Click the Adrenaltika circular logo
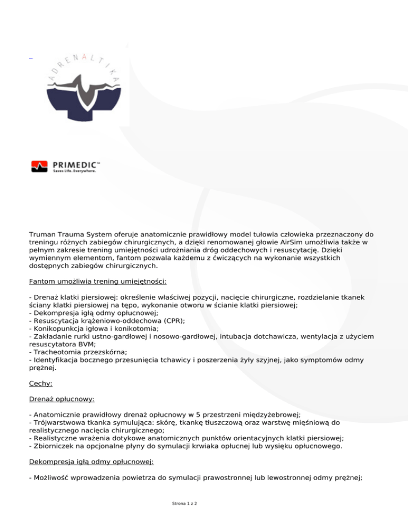pyautogui.click(x=80, y=88)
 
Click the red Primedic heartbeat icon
pyautogui.click(x=40, y=166)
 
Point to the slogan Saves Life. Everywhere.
pyautogui.click(x=74, y=171)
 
